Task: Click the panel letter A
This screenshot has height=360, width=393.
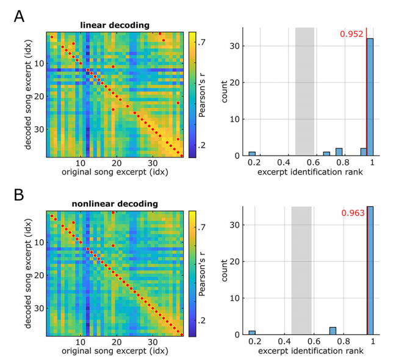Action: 20,16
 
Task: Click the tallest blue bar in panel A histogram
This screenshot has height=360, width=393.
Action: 370,98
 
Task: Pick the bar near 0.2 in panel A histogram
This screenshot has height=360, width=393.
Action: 252,154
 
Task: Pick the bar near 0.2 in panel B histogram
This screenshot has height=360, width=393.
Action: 252,333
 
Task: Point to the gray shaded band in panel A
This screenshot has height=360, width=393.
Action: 305,92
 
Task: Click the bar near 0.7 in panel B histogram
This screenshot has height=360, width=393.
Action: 333,331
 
